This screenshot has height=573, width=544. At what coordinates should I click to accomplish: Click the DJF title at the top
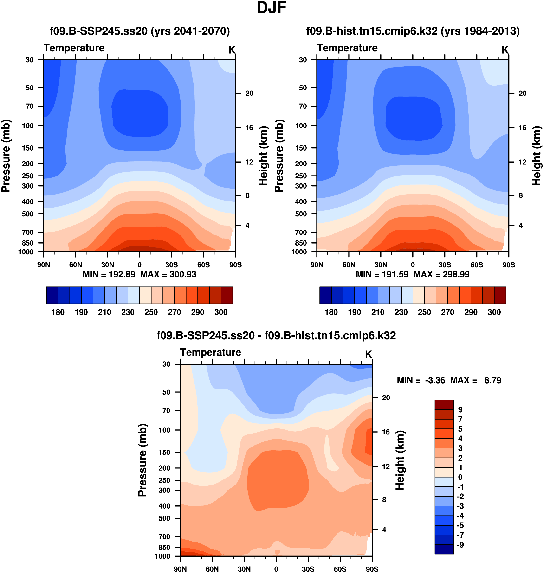coord(272,8)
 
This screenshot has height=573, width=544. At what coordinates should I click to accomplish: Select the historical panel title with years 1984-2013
coord(413,31)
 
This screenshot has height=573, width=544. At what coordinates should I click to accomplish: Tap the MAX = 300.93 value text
coord(168,274)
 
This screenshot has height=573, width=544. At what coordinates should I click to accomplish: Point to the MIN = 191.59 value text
coord(382,274)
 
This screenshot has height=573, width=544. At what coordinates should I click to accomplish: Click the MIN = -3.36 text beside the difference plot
coord(421,380)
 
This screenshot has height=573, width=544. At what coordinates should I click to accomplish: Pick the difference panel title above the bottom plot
coord(276,335)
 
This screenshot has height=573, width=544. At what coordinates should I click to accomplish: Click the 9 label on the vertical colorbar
coord(460,410)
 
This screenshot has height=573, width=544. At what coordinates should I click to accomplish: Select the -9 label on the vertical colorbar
coord(460,545)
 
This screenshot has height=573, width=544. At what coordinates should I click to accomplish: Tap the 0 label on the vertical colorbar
coord(460,477)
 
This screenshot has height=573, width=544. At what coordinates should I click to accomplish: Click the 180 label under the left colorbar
coord(58,312)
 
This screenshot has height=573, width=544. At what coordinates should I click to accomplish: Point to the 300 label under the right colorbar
coord(494,312)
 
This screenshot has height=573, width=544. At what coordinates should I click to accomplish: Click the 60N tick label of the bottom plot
coord(212,569)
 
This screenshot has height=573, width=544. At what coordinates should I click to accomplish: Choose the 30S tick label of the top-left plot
coord(172,265)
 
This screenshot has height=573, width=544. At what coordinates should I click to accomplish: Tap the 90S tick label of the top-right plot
coord(509,265)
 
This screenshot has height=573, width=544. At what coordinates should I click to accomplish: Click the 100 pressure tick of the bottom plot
coord(164,430)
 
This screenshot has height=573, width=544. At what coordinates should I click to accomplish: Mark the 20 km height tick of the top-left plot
coord(249,93)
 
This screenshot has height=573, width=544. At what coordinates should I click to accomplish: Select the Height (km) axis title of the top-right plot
coord(537,156)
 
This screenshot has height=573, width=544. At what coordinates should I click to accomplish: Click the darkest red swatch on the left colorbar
coord(227,295)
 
